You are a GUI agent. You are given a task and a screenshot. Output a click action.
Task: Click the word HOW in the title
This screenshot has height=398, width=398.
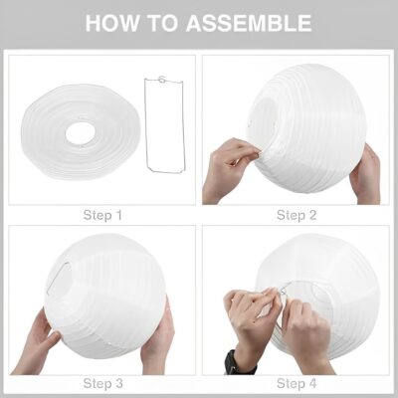click(113, 23)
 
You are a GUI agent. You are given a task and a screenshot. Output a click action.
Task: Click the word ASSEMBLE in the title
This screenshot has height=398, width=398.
click(249, 23)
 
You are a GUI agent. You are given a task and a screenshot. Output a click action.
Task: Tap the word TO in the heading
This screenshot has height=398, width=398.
click(163, 23)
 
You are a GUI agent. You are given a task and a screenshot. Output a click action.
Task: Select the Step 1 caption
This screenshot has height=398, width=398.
click(102, 215)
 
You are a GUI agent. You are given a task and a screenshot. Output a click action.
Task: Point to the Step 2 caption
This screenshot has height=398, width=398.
click(297, 215)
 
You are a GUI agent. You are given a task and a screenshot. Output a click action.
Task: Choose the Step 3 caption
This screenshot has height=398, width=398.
click(102, 383)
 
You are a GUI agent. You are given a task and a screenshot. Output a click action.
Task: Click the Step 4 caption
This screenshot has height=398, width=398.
click(297, 383)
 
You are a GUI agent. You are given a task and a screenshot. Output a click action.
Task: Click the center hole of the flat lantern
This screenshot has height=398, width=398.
click(81, 131)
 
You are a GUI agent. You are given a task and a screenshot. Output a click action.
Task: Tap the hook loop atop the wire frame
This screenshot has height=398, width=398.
click(162, 79)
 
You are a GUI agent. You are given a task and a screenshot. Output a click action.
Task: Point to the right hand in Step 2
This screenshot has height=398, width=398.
click(366, 173)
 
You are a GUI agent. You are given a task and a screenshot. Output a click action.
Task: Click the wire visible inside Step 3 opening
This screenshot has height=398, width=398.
click(58, 278)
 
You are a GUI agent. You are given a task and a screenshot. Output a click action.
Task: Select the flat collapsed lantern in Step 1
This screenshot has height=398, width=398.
click(81, 131)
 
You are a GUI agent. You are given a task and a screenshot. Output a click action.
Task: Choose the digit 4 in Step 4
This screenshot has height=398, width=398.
click(311, 383)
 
